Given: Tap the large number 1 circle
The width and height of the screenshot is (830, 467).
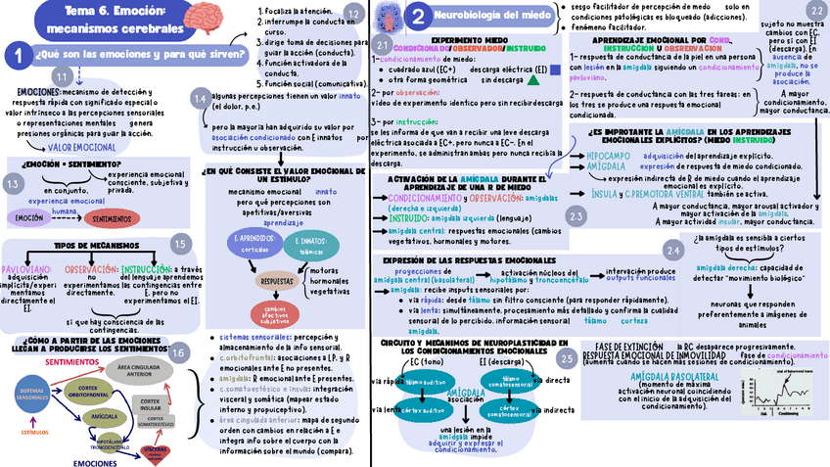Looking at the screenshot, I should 17,57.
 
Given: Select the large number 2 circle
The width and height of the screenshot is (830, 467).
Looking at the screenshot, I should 418,16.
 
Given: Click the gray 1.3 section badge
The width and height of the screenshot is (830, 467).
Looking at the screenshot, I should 13,184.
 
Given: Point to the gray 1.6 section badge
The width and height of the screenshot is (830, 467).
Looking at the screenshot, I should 178,351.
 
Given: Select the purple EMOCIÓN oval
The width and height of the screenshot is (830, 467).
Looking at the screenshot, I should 29,218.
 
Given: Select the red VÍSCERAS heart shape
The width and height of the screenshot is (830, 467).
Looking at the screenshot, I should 156,451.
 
